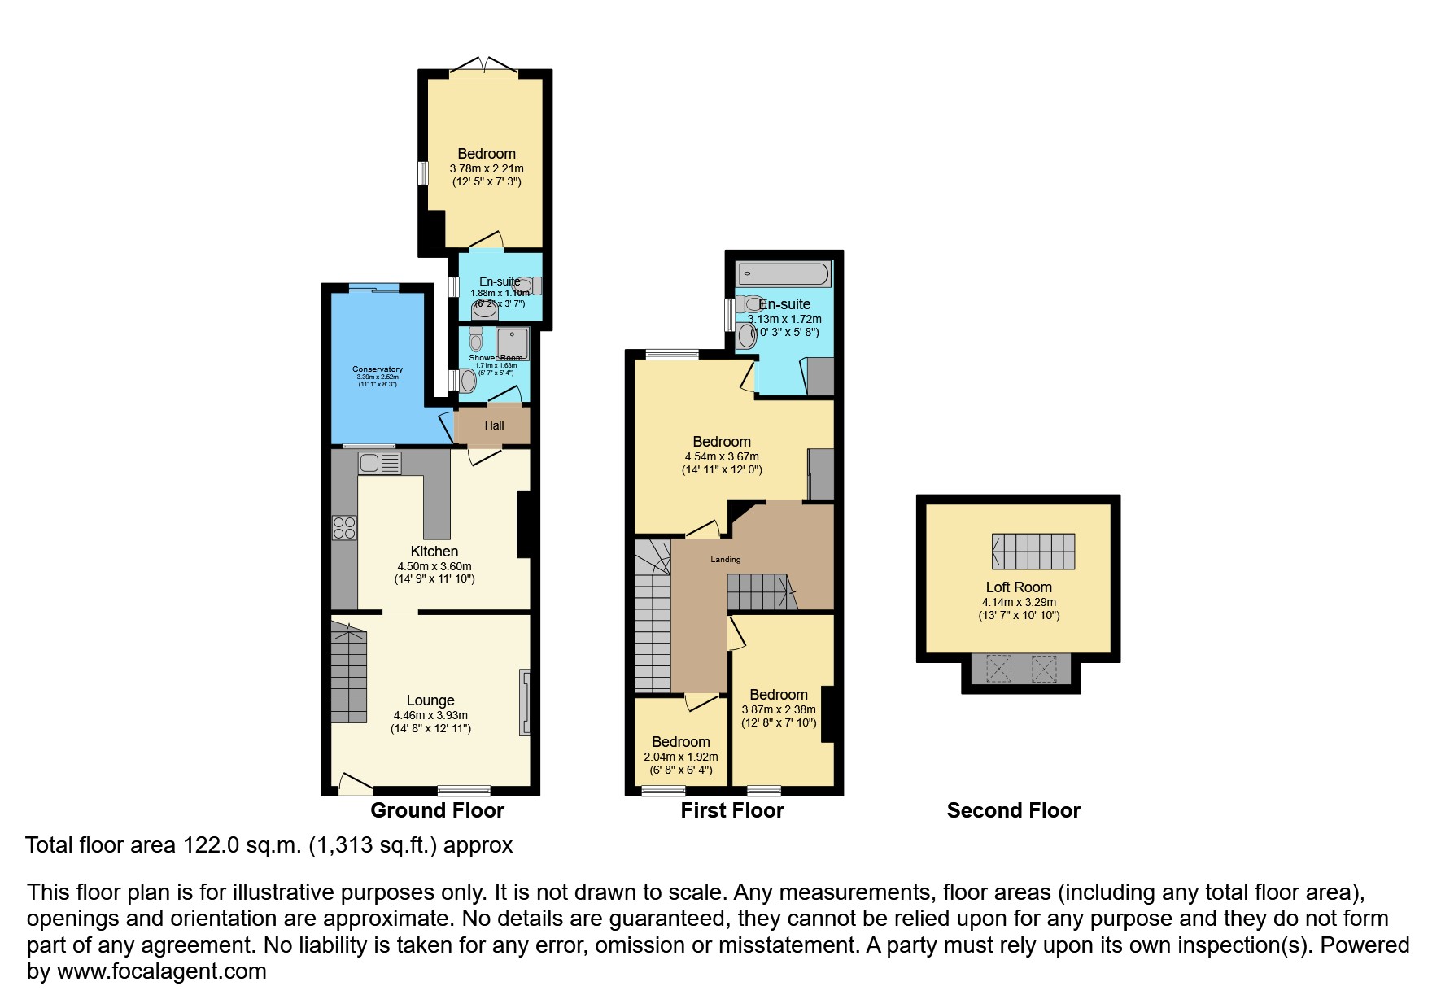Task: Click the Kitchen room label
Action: coord(434,552)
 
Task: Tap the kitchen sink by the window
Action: coord(378,463)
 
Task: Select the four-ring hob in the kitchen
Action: coord(343,527)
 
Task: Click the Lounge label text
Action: coord(430,700)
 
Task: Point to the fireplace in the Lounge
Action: coord(525,703)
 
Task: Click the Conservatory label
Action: coord(377,369)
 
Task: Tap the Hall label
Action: coord(494,425)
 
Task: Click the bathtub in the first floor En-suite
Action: coord(784,273)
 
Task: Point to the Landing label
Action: coord(725,559)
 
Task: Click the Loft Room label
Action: coord(1019,587)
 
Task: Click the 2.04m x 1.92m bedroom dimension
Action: coord(675,757)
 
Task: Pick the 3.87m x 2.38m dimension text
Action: coord(779,709)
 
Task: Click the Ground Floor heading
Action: coord(437,810)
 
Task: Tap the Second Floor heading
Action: coord(1013,810)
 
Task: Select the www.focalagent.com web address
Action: coord(161,971)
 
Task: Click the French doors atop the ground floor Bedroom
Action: coord(485,66)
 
